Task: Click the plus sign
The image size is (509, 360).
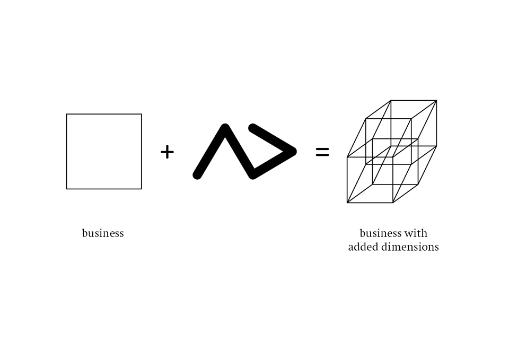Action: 167,152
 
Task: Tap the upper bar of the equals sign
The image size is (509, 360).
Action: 322,149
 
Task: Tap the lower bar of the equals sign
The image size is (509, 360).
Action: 322,155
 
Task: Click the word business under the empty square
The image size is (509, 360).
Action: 103,233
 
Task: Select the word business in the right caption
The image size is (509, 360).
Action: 380,233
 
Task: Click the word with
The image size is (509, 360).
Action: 416,233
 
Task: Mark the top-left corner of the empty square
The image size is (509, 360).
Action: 67,114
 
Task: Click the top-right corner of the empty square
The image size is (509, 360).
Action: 142,114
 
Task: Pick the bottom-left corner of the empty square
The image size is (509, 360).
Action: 67,189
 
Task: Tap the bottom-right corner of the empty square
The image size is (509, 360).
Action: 142,189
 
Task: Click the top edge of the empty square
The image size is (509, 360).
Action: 104,114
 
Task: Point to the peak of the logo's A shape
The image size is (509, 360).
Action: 225,128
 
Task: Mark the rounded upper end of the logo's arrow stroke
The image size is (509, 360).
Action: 253,128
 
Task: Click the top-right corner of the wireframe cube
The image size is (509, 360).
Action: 436,100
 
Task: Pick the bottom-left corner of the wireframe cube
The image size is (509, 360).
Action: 347,203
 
